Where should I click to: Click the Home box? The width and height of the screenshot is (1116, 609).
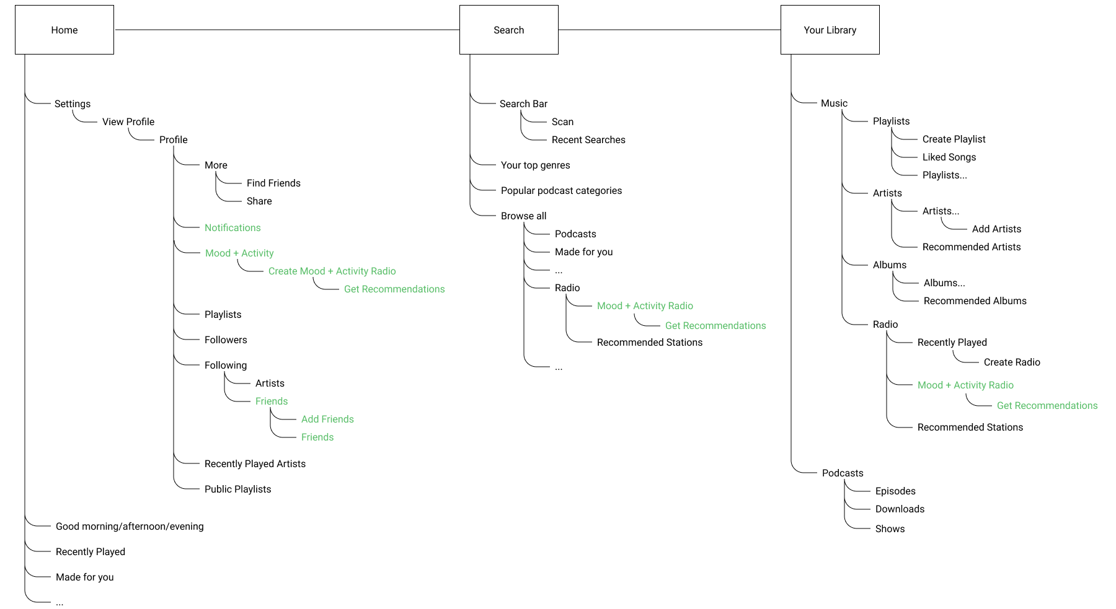pos(64,30)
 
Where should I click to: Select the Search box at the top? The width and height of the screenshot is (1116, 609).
pos(508,30)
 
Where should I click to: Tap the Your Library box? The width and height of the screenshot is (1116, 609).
pos(830,30)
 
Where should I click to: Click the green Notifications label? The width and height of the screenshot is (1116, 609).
pos(232,227)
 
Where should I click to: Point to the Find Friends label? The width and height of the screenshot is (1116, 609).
pos(273,183)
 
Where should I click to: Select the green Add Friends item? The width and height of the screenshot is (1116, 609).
pos(327,419)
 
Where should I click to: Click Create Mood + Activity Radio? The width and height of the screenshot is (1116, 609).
pos(332,271)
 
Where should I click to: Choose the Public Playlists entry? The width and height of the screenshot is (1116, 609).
pos(237,489)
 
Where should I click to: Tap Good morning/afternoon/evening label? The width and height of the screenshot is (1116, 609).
pos(130,526)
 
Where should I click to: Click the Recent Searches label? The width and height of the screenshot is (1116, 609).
pos(588,139)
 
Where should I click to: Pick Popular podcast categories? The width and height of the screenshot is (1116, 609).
pos(561,190)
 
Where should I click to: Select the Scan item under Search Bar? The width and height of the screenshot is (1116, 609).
pos(562,121)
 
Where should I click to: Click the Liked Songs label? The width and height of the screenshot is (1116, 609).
pos(949,157)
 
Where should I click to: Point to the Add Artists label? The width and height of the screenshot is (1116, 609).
pos(996,229)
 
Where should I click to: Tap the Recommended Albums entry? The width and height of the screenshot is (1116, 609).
pos(975,300)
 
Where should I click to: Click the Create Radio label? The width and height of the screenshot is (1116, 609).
pos(1012,362)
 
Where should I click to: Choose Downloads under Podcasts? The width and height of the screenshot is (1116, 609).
pos(900,509)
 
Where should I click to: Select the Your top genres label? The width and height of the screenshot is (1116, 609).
pos(535,165)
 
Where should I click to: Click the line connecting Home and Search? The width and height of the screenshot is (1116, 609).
pos(285,29)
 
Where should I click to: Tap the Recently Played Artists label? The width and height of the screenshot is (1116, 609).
pos(255,463)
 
